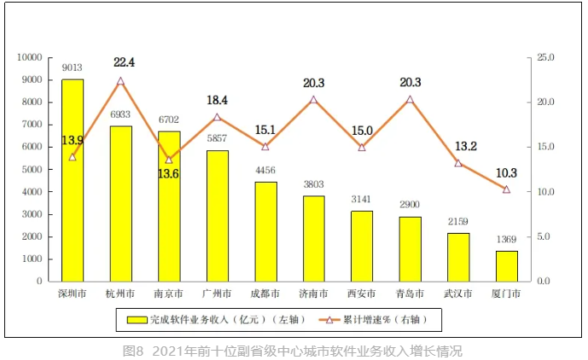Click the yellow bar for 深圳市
pyautogui.click(x=73, y=180)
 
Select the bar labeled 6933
pyautogui.click(x=120, y=203)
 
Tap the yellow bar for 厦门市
pyautogui.click(x=506, y=265)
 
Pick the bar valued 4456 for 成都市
pyautogui.click(x=265, y=231)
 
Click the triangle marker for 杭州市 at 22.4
pyautogui.click(x=120, y=81)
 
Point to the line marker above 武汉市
pyautogui.click(x=458, y=163)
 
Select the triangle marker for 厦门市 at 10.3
pyautogui.click(x=506, y=189)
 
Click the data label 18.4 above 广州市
pyautogui.click(x=218, y=101)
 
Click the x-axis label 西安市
pyautogui.click(x=362, y=294)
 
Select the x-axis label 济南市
pyautogui.click(x=313, y=294)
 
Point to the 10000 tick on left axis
pyautogui.click(x=30, y=57)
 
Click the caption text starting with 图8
pyautogui.click(x=293, y=350)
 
